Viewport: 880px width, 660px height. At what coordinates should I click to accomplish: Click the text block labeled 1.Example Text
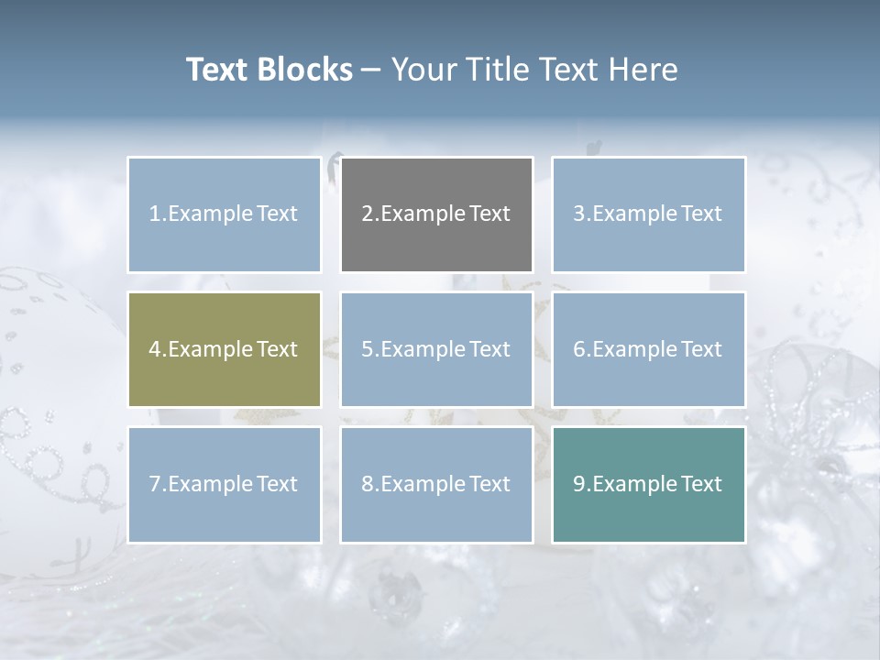pyautogui.click(x=224, y=214)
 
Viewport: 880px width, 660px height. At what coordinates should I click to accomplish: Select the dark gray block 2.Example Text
pyautogui.click(x=436, y=214)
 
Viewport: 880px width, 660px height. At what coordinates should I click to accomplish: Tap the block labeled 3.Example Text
pyautogui.click(x=648, y=214)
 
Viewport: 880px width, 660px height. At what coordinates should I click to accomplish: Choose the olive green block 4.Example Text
pyautogui.click(x=224, y=349)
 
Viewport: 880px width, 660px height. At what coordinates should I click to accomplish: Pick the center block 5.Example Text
pyautogui.click(x=436, y=349)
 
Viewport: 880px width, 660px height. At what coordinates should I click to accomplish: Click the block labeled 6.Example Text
pyautogui.click(x=648, y=349)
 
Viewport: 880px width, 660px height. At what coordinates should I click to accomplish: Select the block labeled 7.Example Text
pyautogui.click(x=224, y=484)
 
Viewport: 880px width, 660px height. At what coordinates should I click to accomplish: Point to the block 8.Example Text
pyautogui.click(x=436, y=484)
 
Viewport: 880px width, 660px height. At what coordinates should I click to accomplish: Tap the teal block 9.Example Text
pyautogui.click(x=648, y=484)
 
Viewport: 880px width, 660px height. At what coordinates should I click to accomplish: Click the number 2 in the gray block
pyautogui.click(x=368, y=214)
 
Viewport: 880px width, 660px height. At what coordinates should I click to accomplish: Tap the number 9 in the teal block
pyautogui.click(x=579, y=484)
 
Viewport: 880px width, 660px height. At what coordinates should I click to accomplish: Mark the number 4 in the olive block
pyautogui.click(x=155, y=349)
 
